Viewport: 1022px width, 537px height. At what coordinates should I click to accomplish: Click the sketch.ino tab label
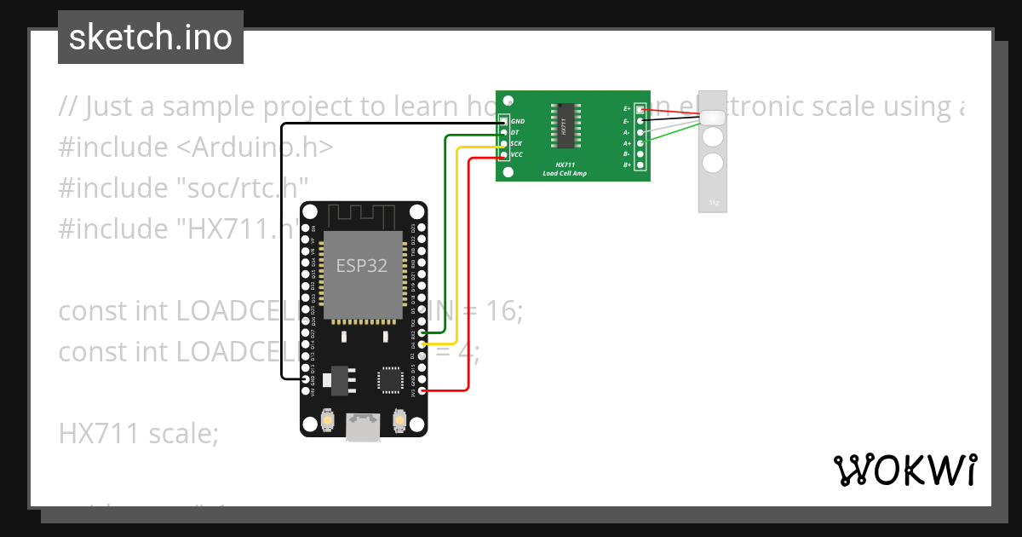pyautogui.click(x=150, y=38)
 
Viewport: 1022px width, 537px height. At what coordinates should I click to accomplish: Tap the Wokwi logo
pyautogui.click(x=904, y=471)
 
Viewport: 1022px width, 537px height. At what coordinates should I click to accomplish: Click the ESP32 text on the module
pyautogui.click(x=361, y=265)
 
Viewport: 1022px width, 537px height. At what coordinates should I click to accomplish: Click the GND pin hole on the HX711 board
pyautogui.click(x=504, y=122)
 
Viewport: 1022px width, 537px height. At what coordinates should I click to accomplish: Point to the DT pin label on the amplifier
pyautogui.click(x=514, y=133)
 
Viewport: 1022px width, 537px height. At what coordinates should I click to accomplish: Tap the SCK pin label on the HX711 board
pyautogui.click(x=516, y=144)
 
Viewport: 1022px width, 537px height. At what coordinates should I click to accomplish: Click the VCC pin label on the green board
pyautogui.click(x=516, y=154)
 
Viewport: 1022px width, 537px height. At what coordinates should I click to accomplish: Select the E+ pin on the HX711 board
pyautogui.click(x=640, y=110)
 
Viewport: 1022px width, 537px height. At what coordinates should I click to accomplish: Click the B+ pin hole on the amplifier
pyautogui.click(x=640, y=165)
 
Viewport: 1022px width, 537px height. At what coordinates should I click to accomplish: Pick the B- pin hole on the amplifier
pyautogui.click(x=640, y=154)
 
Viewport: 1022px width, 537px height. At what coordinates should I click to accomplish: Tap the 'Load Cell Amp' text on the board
pyautogui.click(x=565, y=173)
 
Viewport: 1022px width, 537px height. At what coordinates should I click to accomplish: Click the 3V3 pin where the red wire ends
pyautogui.click(x=422, y=390)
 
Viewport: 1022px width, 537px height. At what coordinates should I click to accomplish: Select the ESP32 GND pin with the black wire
pyautogui.click(x=305, y=379)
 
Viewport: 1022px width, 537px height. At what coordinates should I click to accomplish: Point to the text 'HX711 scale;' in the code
pyautogui.click(x=139, y=434)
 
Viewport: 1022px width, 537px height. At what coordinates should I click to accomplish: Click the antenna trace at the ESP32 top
pyautogui.click(x=363, y=215)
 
